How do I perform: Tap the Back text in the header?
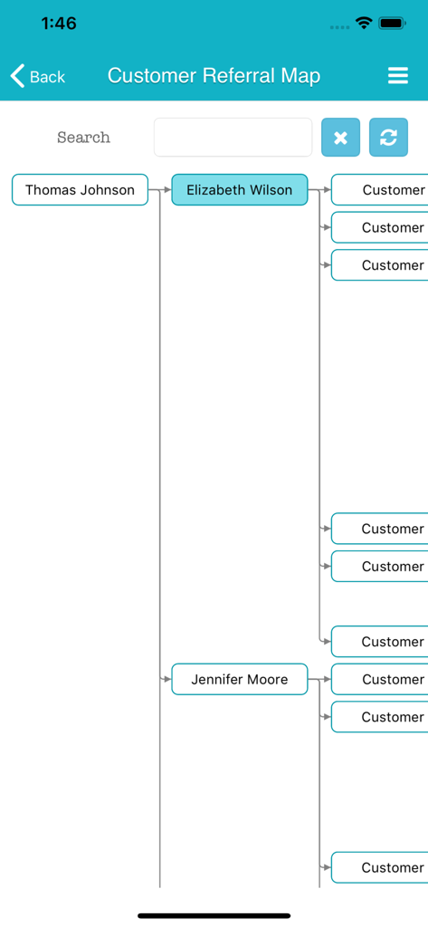[x=48, y=77]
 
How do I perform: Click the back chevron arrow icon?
[x=17, y=76]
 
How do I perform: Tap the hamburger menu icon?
[x=397, y=76]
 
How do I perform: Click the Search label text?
[x=83, y=138]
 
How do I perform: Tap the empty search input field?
[x=233, y=138]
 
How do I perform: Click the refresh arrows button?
[x=388, y=138]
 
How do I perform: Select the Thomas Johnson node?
[x=80, y=190]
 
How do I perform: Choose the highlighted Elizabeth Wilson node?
[x=240, y=190]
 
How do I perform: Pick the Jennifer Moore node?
[x=240, y=680]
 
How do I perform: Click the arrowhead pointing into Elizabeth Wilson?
[x=166, y=190]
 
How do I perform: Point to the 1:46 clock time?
[x=59, y=24]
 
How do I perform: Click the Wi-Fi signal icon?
[x=364, y=24]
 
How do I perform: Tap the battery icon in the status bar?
[x=393, y=24]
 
